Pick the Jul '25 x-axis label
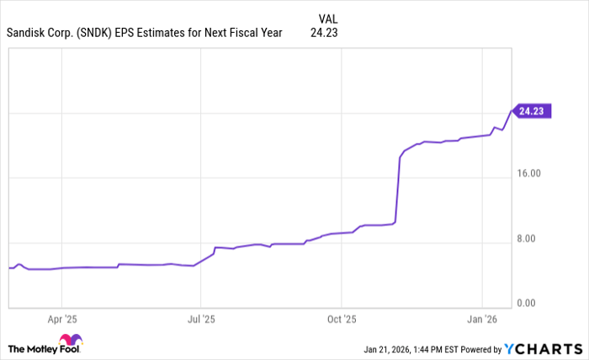coord(201,320)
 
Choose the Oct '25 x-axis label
coord(342,320)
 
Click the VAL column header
coord(329,19)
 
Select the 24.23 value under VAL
coord(326,34)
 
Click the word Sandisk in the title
coord(29,34)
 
